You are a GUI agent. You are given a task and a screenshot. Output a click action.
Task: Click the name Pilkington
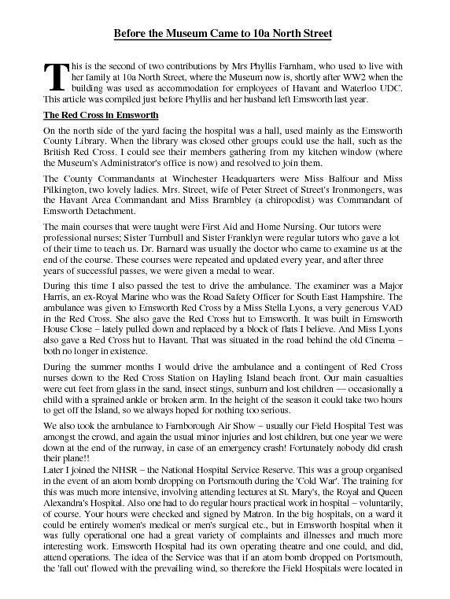pyautogui.click(x=68, y=190)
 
